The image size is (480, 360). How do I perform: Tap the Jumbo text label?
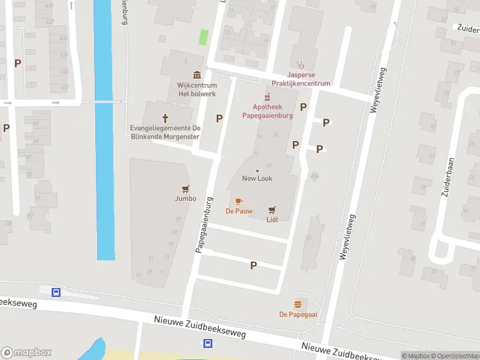point(185,199)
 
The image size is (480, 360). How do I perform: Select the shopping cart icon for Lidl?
point(272,209)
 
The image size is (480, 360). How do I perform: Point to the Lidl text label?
point(272,220)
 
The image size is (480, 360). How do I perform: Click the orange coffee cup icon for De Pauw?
point(239,201)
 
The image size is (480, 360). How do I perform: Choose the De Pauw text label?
point(239,211)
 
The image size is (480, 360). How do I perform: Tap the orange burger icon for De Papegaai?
point(298,304)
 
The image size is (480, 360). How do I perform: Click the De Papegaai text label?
point(298,314)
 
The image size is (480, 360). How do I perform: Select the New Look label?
point(257,179)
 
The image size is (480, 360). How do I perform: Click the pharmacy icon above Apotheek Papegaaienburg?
point(268,97)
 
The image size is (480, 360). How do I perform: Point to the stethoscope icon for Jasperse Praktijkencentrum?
point(301,65)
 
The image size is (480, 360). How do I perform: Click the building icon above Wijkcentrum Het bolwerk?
point(197,75)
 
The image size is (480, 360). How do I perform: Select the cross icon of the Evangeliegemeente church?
point(166,118)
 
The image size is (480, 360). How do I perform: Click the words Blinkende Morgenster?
point(166,136)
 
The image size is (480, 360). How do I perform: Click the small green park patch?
point(204,37)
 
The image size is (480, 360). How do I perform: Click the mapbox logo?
point(26,353)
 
